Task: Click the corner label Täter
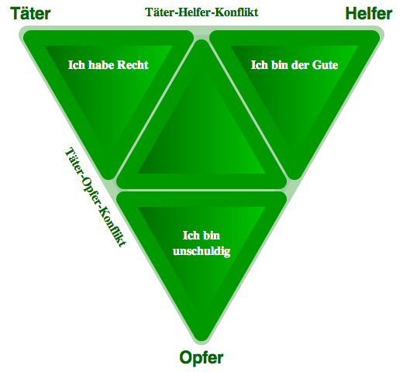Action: (30, 13)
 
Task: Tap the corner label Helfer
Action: (369, 13)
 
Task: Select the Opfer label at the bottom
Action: (201, 358)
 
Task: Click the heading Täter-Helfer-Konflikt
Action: (201, 12)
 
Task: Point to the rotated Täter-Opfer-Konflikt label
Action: (95, 197)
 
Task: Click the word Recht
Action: (133, 65)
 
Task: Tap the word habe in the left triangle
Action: (102, 65)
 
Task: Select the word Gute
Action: (325, 65)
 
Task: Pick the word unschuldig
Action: (201, 251)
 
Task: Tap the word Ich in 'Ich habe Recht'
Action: (77, 65)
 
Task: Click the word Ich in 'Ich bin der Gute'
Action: (260, 65)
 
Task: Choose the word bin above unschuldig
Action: (211, 236)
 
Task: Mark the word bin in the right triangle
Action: (280, 65)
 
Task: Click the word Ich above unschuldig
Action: (191, 236)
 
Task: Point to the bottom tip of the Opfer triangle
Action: (201, 341)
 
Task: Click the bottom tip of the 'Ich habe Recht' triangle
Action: (108, 179)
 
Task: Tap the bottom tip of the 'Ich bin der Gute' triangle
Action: (294, 179)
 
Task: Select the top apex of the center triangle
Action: (201, 40)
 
